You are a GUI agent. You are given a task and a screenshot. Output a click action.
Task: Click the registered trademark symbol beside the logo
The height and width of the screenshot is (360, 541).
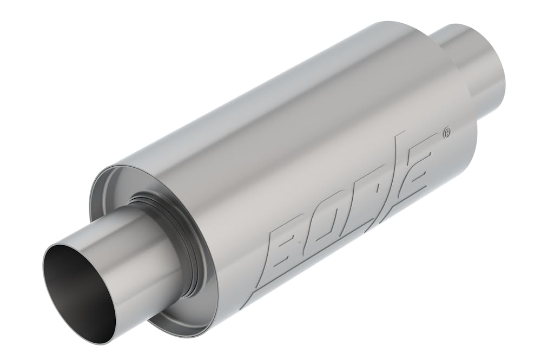pos(447,132)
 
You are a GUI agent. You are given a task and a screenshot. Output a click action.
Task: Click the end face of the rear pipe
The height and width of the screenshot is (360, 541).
pos(495,81)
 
